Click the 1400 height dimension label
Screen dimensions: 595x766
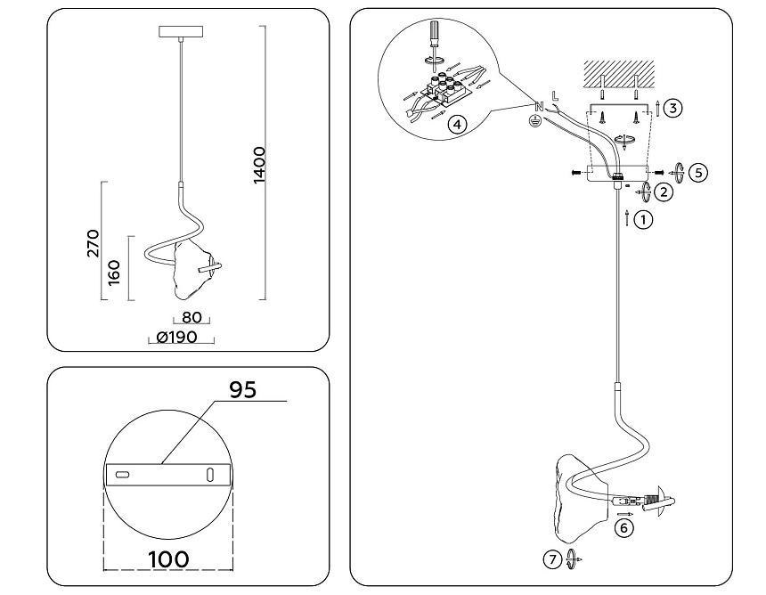[x=259, y=164]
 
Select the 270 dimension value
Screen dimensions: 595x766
[x=94, y=242]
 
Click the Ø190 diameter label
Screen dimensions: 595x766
[x=176, y=338]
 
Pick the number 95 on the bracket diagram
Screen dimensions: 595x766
[x=243, y=389]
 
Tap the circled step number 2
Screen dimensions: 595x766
[x=664, y=190]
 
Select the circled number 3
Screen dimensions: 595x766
[x=673, y=108]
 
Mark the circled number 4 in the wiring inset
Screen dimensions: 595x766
[x=456, y=124]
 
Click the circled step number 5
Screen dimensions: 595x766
[x=699, y=172]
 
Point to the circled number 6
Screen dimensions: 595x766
[x=624, y=528]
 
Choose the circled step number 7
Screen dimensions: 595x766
[x=553, y=559]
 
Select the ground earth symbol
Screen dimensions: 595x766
[x=536, y=120]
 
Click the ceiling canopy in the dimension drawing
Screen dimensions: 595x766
[x=182, y=32]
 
